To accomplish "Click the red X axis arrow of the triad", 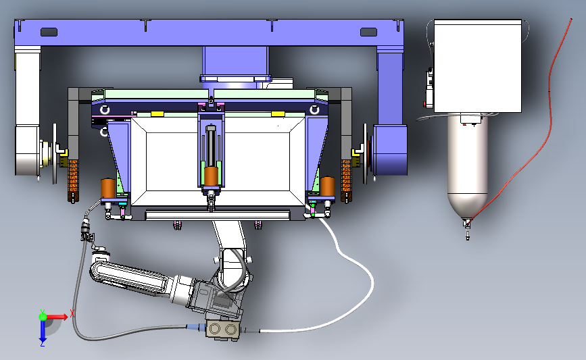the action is (x=57, y=317).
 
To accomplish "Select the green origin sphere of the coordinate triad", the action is (x=43, y=317).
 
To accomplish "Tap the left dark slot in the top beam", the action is (x=49, y=32).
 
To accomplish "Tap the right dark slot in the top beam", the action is (x=368, y=32).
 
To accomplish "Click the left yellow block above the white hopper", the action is (x=157, y=113).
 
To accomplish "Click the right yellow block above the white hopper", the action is (x=278, y=113).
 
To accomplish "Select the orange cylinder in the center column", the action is (x=211, y=176).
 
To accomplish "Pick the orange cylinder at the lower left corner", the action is (x=108, y=188).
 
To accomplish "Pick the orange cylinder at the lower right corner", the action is (x=328, y=186).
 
